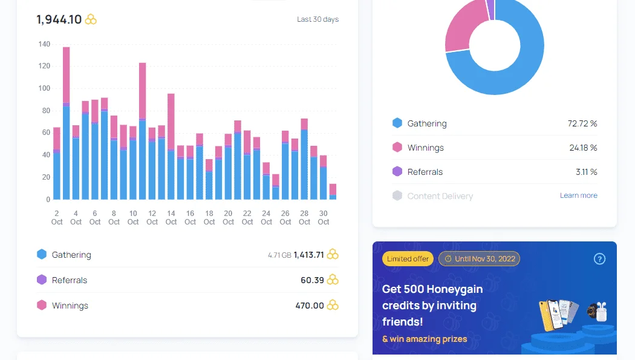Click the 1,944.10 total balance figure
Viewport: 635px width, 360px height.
click(59, 19)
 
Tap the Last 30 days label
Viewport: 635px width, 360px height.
click(317, 19)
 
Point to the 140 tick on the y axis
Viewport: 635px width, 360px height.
click(44, 44)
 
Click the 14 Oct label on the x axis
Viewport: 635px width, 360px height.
click(171, 217)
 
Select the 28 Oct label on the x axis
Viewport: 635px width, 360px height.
click(304, 217)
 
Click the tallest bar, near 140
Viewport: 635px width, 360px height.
click(66, 123)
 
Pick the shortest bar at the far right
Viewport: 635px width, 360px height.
click(333, 192)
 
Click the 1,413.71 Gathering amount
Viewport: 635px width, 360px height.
click(308, 255)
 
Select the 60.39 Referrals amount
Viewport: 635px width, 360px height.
click(312, 280)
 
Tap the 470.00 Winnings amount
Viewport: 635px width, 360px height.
click(310, 306)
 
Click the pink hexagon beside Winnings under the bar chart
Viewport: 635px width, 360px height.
click(42, 305)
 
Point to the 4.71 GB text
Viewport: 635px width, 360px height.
click(279, 255)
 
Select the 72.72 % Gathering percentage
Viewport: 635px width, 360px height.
click(582, 123)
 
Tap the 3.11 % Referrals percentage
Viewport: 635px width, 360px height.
click(587, 172)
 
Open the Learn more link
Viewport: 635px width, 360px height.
click(578, 195)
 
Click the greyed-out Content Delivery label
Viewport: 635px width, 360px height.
click(440, 196)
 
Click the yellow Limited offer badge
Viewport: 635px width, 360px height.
click(408, 259)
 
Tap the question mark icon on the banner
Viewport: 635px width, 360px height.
click(599, 259)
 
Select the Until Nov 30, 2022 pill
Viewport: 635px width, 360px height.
click(480, 259)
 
